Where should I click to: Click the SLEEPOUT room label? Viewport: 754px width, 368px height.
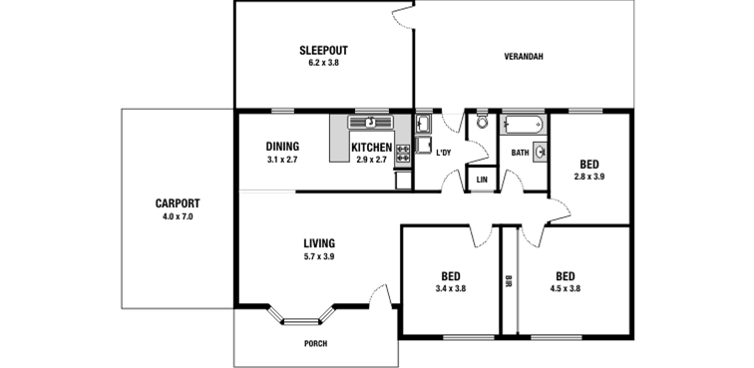(x=323, y=50)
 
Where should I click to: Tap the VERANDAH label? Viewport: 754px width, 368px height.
(x=524, y=56)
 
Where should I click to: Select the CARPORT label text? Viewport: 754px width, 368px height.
(x=178, y=203)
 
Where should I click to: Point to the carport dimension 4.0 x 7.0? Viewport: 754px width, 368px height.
(x=178, y=216)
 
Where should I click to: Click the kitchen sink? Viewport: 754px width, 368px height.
(x=370, y=123)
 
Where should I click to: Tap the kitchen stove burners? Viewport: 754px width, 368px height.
(x=403, y=153)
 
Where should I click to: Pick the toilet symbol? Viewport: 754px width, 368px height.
(x=483, y=121)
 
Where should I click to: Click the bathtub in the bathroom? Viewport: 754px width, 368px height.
(x=523, y=124)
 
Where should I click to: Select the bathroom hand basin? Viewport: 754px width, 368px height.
(x=540, y=153)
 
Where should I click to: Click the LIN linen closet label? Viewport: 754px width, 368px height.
(x=482, y=180)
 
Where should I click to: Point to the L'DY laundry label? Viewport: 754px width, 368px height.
(x=444, y=153)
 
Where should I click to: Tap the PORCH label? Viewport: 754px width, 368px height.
(x=316, y=343)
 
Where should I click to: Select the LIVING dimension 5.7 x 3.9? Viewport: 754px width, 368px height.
(x=319, y=256)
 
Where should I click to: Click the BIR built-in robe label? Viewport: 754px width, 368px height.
(x=509, y=281)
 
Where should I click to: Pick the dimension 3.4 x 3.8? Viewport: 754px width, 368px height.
(x=451, y=288)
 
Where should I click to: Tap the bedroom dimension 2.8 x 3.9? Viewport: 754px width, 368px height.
(x=589, y=177)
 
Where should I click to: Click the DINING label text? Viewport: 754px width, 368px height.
(x=283, y=147)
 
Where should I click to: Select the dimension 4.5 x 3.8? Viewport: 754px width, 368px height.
(x=565, y=288)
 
